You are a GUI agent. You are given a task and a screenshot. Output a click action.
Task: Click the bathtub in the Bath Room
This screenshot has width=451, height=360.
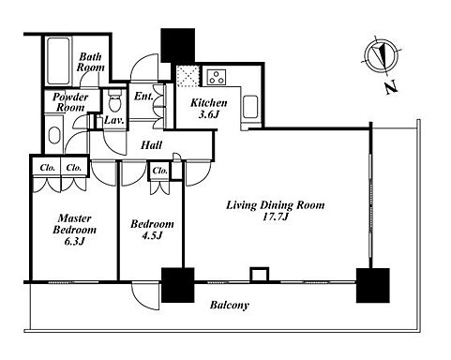click(x=58, y=61)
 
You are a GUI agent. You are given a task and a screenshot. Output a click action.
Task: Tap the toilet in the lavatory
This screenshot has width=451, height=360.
click(x=114, y=100)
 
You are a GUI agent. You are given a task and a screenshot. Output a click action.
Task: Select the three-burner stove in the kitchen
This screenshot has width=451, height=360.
click(x=217, y=77)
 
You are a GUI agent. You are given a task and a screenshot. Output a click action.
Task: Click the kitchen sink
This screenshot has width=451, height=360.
click(x=250, y=107)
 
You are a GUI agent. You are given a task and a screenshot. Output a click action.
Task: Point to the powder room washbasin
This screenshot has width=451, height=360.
click(x=54, y=135)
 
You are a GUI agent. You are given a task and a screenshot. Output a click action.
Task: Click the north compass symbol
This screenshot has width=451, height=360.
click(x=382, y=56)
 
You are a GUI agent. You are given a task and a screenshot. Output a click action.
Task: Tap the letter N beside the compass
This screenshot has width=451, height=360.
click(x=391, y=87)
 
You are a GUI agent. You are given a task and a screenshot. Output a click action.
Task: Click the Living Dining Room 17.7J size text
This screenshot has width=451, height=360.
click(x=276, y=217)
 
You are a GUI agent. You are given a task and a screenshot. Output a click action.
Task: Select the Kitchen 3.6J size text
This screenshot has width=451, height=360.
click(x=208, y=114)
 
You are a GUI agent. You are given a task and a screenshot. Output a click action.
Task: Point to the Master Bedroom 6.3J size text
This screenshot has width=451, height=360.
click(x=74, y=241)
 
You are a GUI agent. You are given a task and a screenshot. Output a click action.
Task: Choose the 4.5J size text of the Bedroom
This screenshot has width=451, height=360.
click(x=152, y=235)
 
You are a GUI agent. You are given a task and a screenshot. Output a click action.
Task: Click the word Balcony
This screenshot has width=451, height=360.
click(x=230, y=305)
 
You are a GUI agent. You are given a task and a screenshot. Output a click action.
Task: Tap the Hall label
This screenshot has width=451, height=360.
click(x=152, y=145)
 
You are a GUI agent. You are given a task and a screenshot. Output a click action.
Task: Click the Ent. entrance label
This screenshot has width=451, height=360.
click(x=143, y=97)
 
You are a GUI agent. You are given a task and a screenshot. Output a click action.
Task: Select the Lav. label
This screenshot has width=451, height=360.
click(x=114, y=120)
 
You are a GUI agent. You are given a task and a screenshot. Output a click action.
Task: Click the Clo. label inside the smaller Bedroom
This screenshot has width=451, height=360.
click(x=160, y=171)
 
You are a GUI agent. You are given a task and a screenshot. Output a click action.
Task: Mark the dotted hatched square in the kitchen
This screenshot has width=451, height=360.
click(x=188, y=76)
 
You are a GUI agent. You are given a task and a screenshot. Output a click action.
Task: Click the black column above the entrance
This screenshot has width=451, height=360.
click(x=177, y=46)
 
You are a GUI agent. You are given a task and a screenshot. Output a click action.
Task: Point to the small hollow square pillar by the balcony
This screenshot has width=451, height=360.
click(x=260, y=275)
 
